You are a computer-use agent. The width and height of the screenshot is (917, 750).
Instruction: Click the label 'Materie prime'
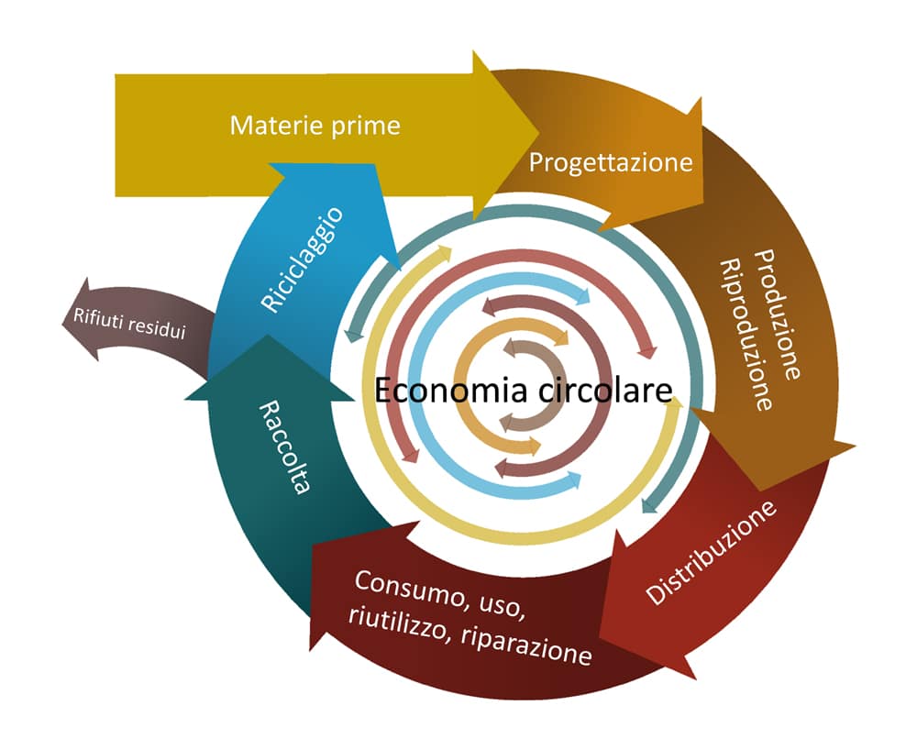315,125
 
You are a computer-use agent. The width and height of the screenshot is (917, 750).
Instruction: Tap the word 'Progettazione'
610,163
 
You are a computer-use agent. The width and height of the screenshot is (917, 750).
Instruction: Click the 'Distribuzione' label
712,553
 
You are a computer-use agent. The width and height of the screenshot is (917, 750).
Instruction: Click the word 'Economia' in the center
450,391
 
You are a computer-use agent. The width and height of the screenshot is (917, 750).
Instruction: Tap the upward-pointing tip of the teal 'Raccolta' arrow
267,336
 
